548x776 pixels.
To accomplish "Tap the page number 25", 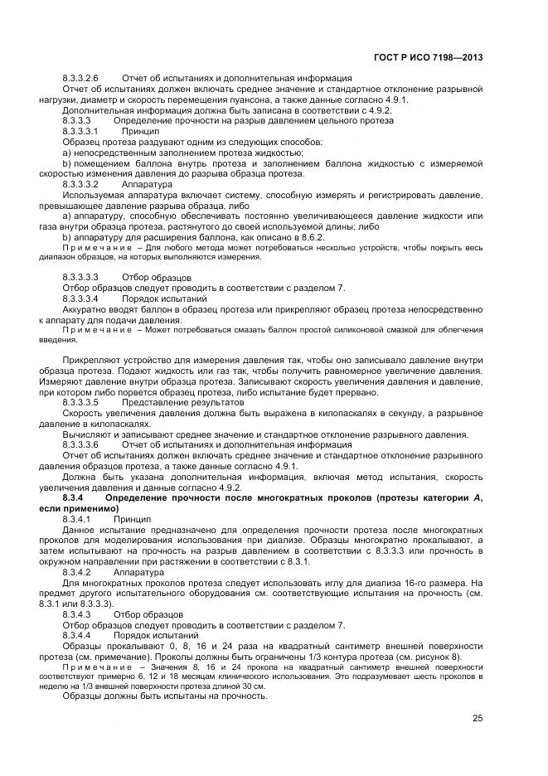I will (478, 718).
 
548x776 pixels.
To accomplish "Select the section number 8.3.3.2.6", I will (80, 78).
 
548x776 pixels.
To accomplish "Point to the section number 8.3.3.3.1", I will (80, 131).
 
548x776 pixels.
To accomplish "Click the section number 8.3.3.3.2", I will (80, 184).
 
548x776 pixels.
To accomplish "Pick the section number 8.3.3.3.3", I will (80, 277).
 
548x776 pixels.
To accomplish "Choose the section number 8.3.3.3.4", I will (80, 298).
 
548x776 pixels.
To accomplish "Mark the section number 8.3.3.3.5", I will (80, 402).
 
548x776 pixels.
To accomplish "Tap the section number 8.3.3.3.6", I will (80, 444).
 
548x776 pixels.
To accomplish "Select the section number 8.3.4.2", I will (76, 572).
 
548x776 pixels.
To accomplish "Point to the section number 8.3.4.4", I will (76, 635).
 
